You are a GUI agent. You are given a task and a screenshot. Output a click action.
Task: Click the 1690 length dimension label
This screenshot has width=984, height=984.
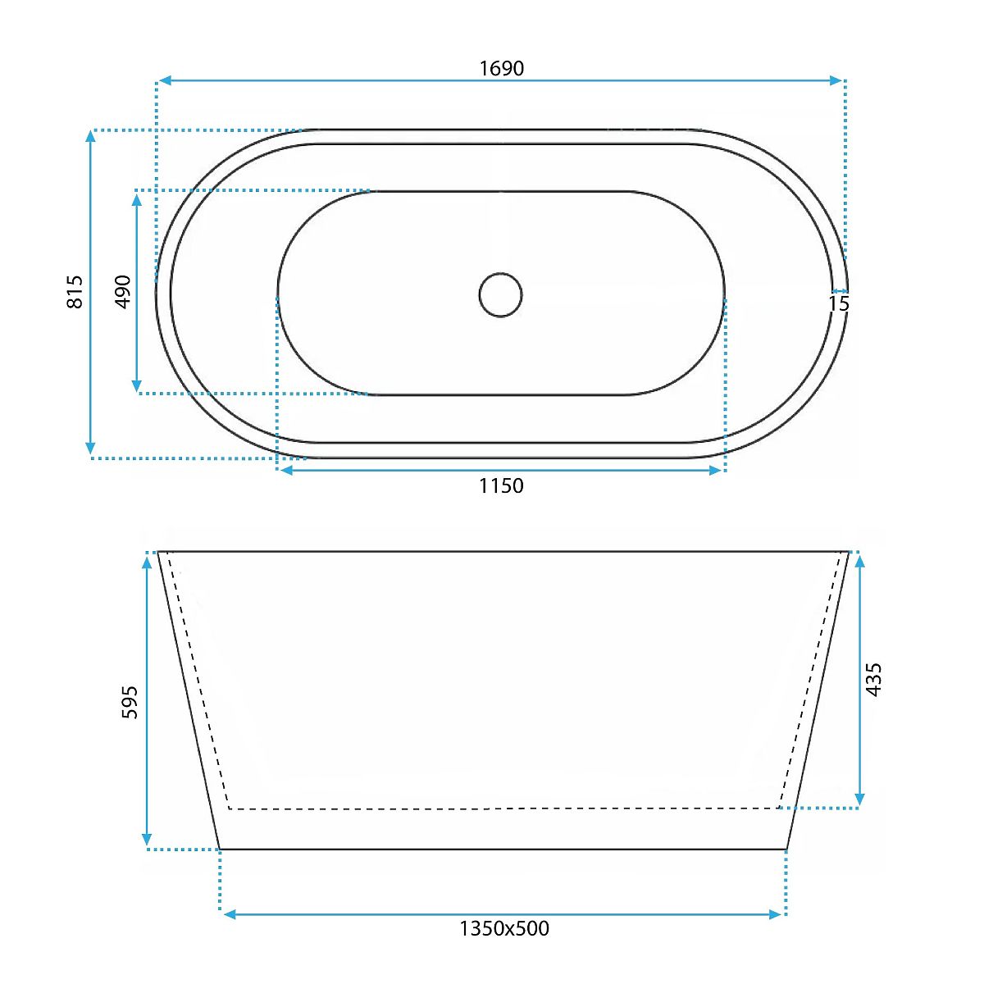[502, 68]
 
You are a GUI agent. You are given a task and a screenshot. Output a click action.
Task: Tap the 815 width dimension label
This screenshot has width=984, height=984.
[75, 292]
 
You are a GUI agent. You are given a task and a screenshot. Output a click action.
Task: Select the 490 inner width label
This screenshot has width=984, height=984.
[123, 292]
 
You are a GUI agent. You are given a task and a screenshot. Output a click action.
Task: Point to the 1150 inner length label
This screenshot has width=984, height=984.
[502, 485]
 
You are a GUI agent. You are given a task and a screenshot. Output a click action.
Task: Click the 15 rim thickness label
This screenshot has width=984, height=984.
[839, 303]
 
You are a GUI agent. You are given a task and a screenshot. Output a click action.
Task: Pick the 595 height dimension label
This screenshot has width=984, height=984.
[130, 702]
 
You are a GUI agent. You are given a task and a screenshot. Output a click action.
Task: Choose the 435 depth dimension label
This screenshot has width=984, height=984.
[874, 679]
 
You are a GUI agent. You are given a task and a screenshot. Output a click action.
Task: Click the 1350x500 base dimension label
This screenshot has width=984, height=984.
[504, 928]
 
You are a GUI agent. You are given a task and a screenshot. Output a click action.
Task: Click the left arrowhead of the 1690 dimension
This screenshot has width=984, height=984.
[165, 80]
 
